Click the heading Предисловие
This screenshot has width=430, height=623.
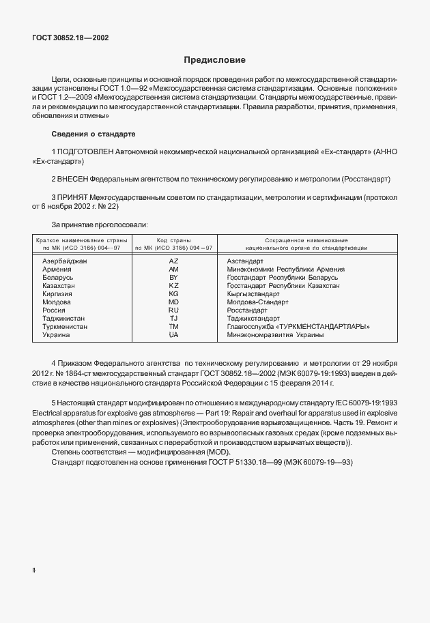214,60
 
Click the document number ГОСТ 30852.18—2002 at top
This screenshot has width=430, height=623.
70,38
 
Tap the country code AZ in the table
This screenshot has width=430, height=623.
173,261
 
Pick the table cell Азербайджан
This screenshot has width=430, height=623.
65,261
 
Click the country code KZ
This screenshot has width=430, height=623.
173,286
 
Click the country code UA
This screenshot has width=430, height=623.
173,335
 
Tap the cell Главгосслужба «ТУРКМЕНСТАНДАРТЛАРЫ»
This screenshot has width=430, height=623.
298,327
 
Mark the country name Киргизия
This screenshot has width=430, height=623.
57,294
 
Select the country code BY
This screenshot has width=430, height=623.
173,278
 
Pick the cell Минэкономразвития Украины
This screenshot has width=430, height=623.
275,335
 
